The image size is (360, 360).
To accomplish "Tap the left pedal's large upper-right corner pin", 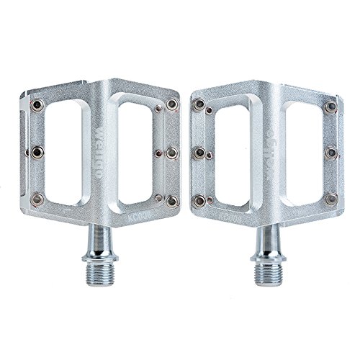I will point(171,106).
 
